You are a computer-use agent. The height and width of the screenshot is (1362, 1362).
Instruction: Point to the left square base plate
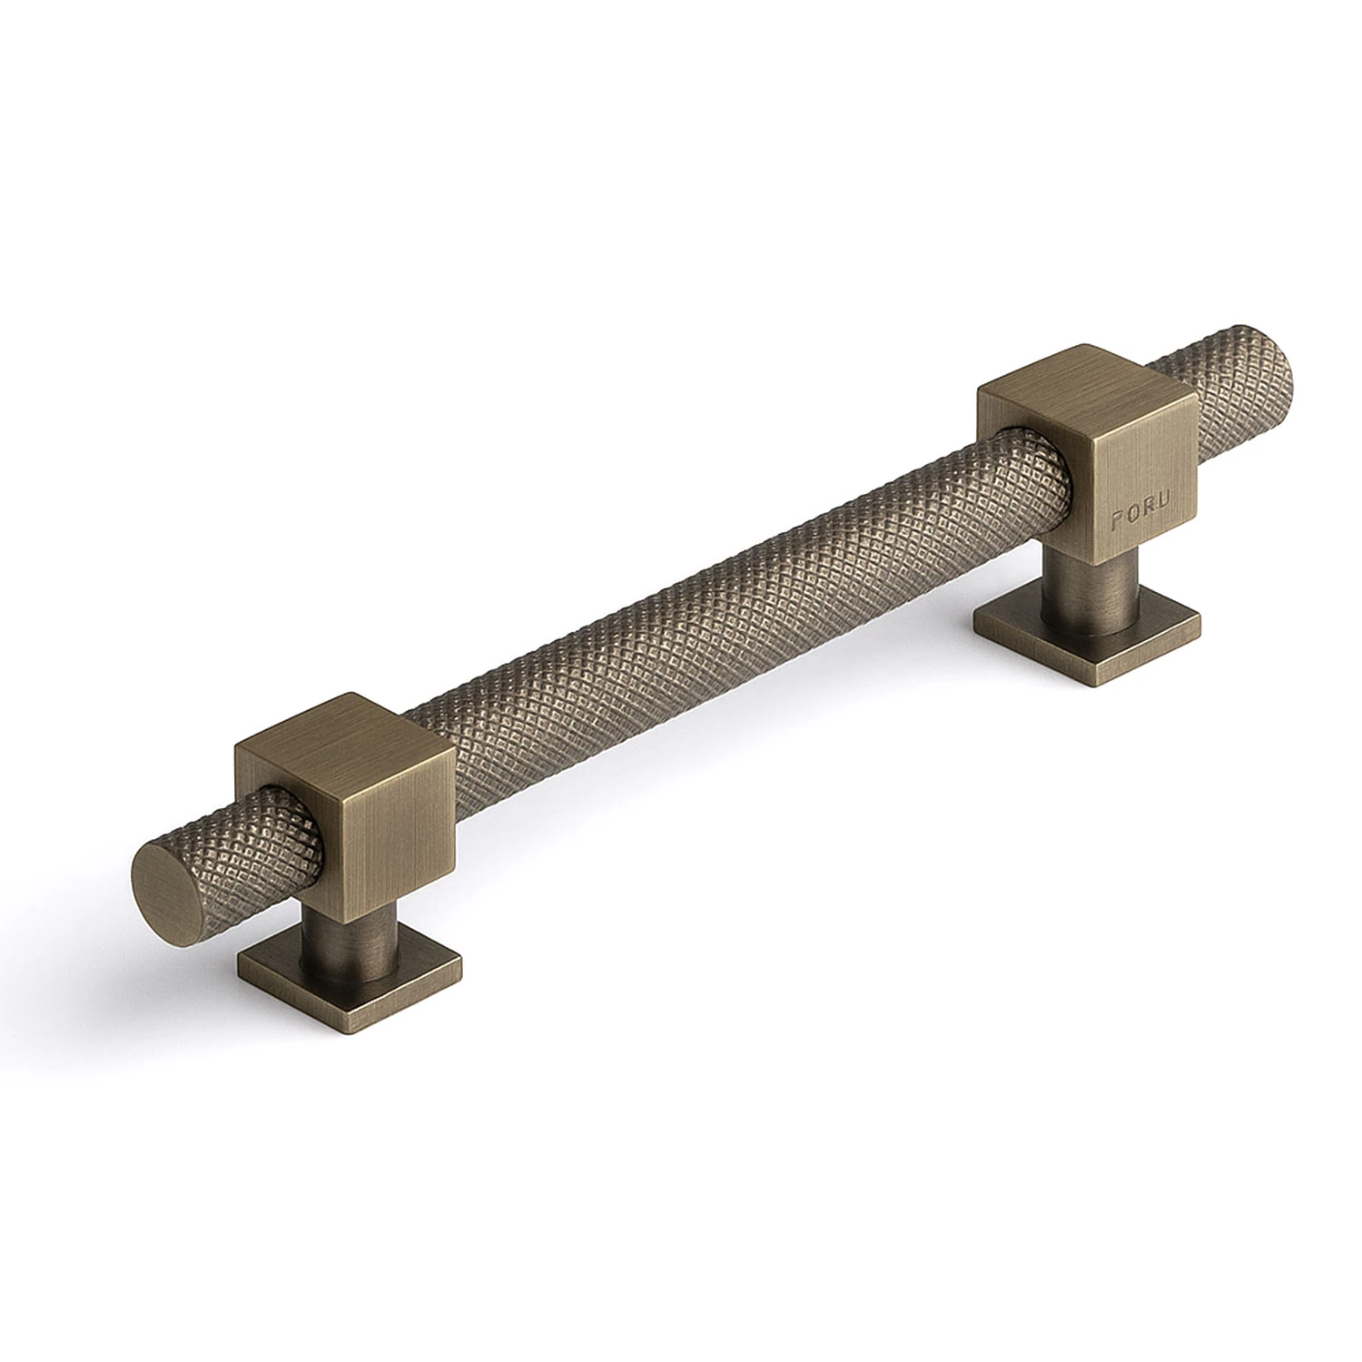[x=350, y=976]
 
